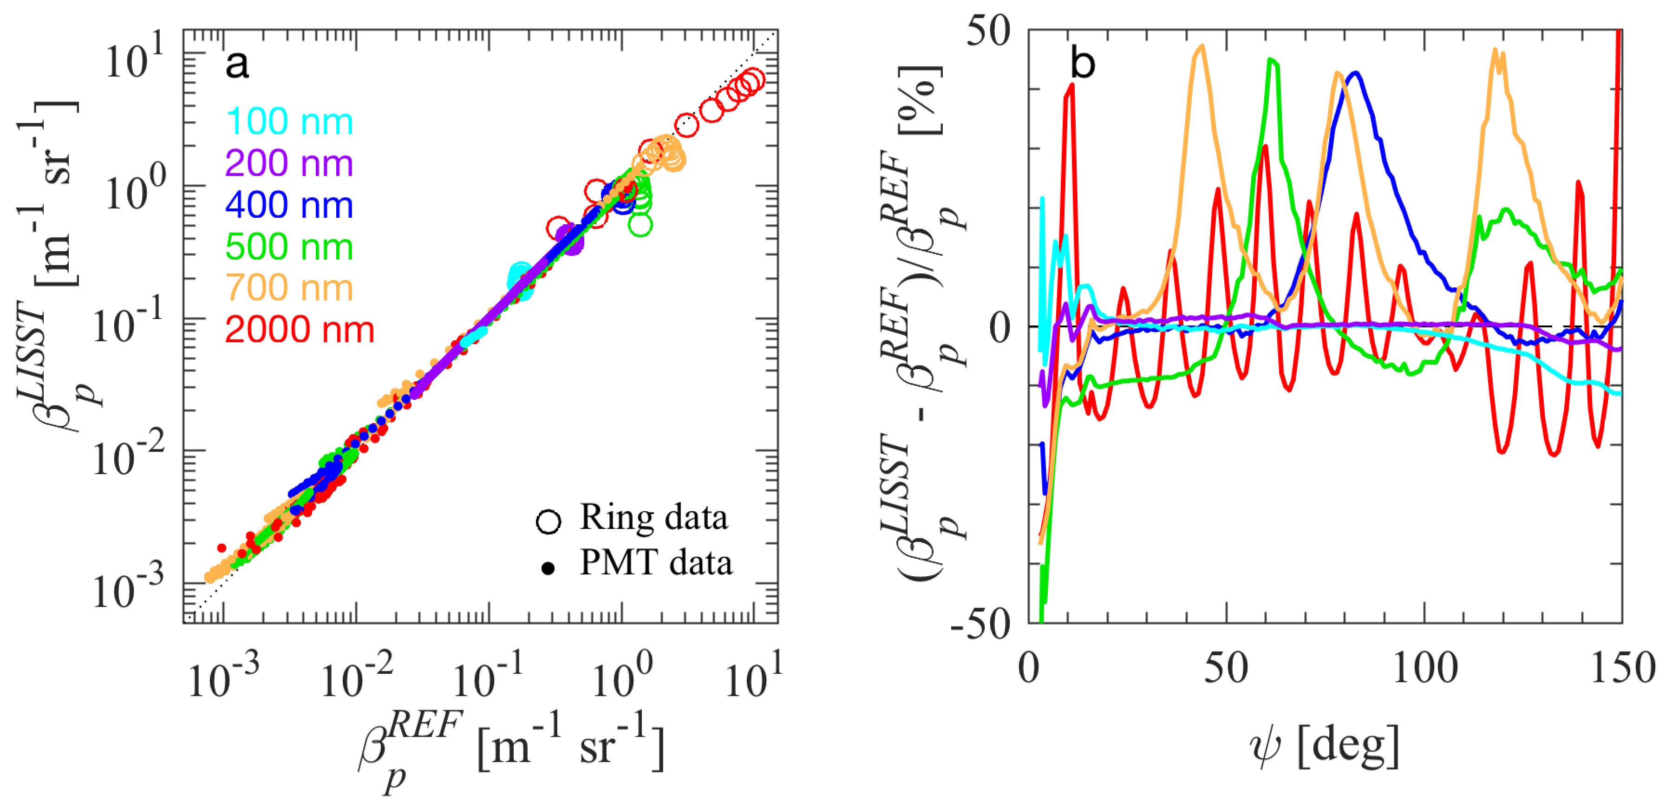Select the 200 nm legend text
click(x=289, y=163)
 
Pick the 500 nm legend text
click(x=289, y=247)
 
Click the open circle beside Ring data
click(x=549, y=521)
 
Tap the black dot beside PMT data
click(x=548, y=569)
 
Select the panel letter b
click(x=1082, y=64)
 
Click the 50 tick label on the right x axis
click(x=1226, y=668)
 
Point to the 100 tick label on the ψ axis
click(x=1425, y=668)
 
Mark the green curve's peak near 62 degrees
click(x=1271, y=60)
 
